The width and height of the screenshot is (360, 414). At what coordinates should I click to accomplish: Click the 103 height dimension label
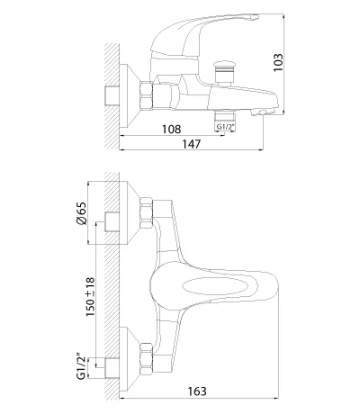click(278, 62)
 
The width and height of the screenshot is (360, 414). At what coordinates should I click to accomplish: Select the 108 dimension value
click(172, 130)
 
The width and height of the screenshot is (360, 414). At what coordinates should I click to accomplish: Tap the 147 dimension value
click(192, 144)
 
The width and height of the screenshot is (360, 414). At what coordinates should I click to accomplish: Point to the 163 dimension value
click(197, 391)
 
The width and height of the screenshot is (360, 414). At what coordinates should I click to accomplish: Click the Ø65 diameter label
click(81, 213)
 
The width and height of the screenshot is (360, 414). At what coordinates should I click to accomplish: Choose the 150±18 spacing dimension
click(90, 297)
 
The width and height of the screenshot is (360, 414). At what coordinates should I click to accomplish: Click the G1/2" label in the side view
click(225, 127)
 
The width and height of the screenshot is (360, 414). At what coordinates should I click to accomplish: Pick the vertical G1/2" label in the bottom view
click(82, 365)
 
